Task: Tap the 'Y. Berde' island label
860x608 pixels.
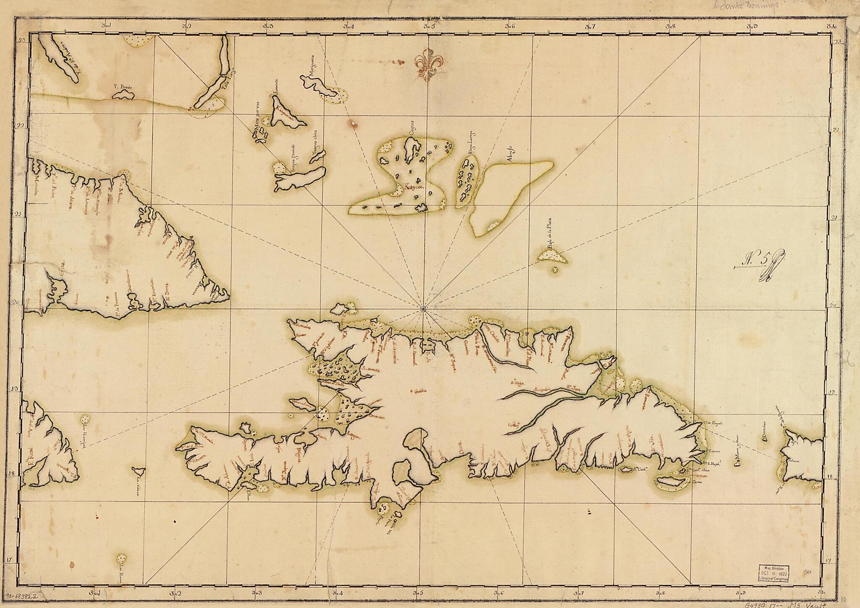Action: (123, 87)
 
